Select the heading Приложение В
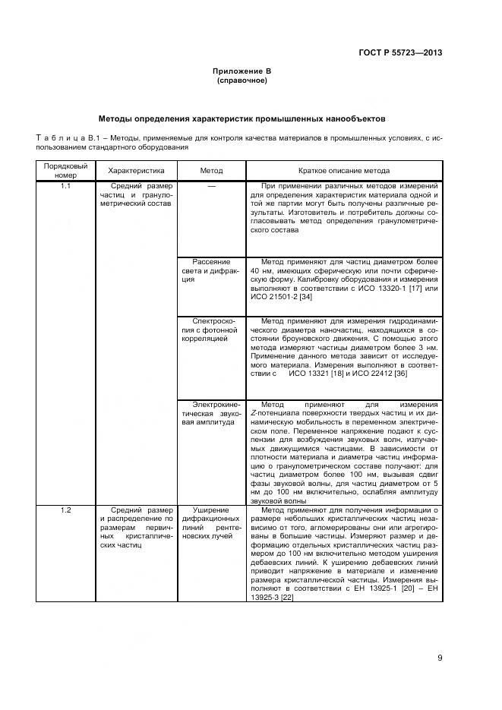(242, 71)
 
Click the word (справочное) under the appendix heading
(242, 80)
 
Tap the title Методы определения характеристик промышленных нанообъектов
(242, 119)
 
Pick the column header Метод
(211, 171)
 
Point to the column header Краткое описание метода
(344, 171)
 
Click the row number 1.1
(65, 186)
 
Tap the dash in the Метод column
(211, 186)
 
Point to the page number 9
(440, 658)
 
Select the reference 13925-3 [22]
(276, 598)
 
